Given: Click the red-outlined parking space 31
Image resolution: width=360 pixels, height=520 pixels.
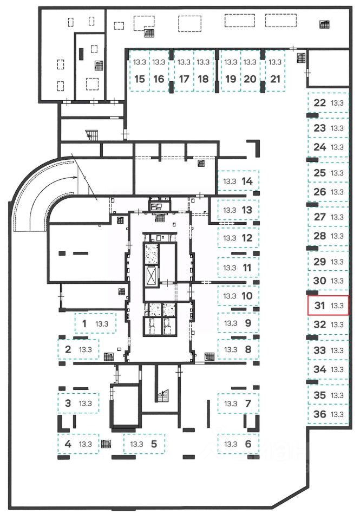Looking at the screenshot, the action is [x=328, y=305].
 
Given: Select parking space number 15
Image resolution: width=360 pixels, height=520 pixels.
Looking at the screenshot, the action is [x=140, y=71].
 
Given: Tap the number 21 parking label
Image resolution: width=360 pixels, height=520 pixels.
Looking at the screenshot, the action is [x=275, y=79].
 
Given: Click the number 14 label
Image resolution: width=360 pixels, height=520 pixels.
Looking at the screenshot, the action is [x=247, y=181].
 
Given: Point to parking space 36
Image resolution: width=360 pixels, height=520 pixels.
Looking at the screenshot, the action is [x=328, y=414].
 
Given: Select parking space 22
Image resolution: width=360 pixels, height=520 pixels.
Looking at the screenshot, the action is [x=328, y=103].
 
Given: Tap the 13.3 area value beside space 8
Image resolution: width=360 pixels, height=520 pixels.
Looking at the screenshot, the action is [x=231, y=349].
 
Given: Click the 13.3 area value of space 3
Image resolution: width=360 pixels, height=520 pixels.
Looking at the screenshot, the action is [x=86, y=403].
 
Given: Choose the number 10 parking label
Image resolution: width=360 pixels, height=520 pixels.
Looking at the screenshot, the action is [x=247, y=296].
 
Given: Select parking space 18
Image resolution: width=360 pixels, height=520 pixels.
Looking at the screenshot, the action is [x=203, y=71].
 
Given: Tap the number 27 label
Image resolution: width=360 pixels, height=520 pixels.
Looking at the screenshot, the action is [x=320, y=217].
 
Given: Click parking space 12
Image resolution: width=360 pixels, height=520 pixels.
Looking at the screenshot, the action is [x=238, y=237].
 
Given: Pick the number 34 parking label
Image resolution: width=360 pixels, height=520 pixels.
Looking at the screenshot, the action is [x=320, y=369].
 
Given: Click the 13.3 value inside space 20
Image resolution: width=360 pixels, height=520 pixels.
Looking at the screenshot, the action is [x=250, y=62].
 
